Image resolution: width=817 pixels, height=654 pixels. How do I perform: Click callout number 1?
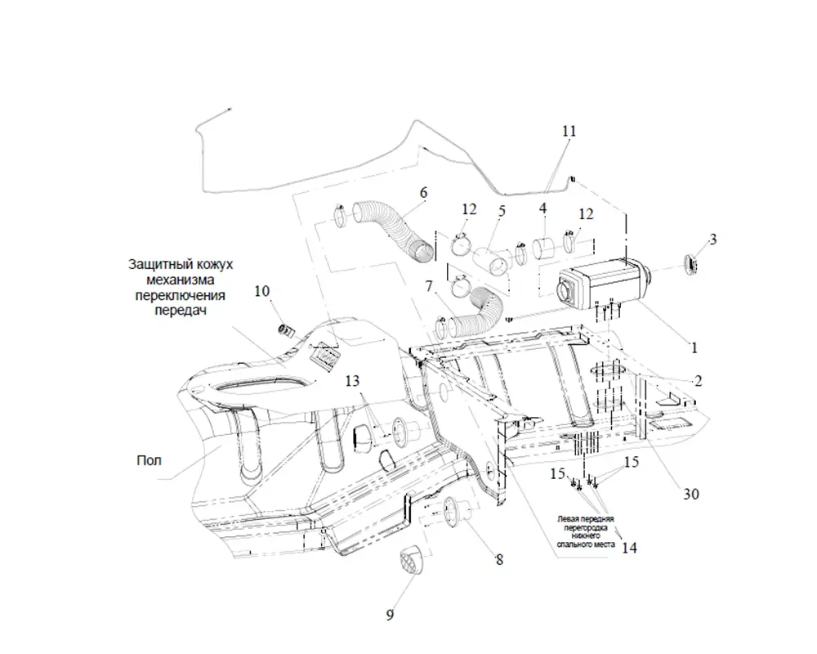(x=694, y=347)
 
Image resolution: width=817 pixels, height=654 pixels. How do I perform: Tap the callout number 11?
(x=569, y=132)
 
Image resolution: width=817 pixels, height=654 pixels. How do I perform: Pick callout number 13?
(x=352, y=381)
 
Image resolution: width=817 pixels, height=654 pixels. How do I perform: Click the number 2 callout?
(x=699, y=381)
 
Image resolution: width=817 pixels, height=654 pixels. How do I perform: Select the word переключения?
(x=180, y=295)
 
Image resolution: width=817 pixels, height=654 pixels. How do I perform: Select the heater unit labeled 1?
(x=600, y=280)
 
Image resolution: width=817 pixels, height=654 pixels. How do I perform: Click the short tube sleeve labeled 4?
(x=544, y=249)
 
